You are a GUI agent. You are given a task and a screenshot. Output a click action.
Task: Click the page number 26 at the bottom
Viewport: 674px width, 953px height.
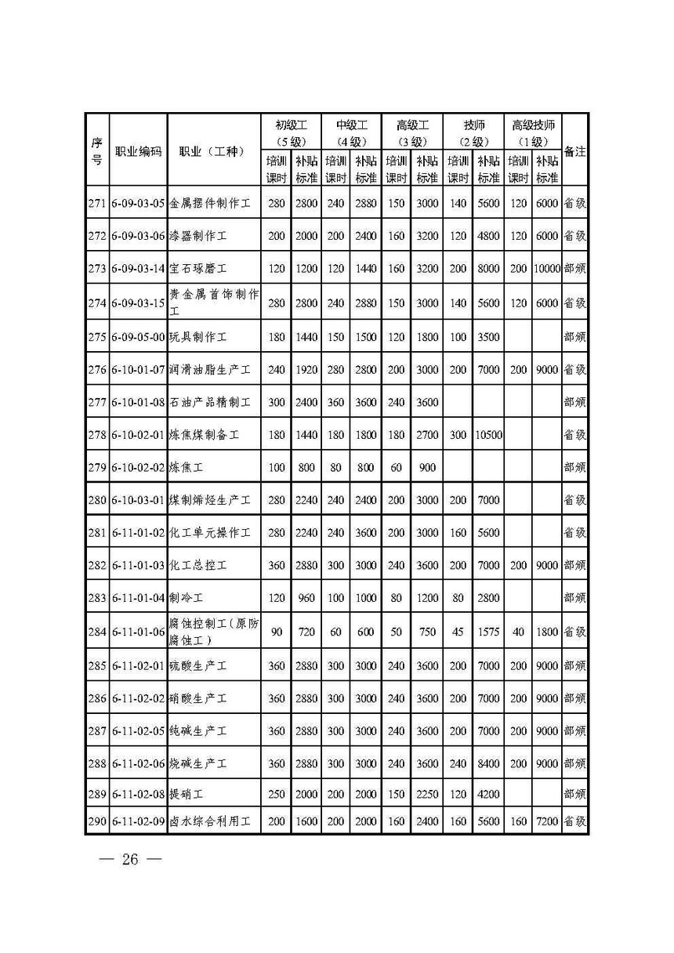[129, 860]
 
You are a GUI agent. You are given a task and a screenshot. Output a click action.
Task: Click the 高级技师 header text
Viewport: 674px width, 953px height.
[533, 125]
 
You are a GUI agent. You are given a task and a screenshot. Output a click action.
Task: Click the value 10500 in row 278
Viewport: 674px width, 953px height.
[487, 433]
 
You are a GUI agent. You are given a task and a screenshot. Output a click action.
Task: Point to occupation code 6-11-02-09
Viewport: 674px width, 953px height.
[138, 821]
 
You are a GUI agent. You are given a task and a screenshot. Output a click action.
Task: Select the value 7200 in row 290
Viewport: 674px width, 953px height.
[547, 821]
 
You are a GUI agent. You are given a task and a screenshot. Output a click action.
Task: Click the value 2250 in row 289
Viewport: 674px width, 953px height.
[426, 793]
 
